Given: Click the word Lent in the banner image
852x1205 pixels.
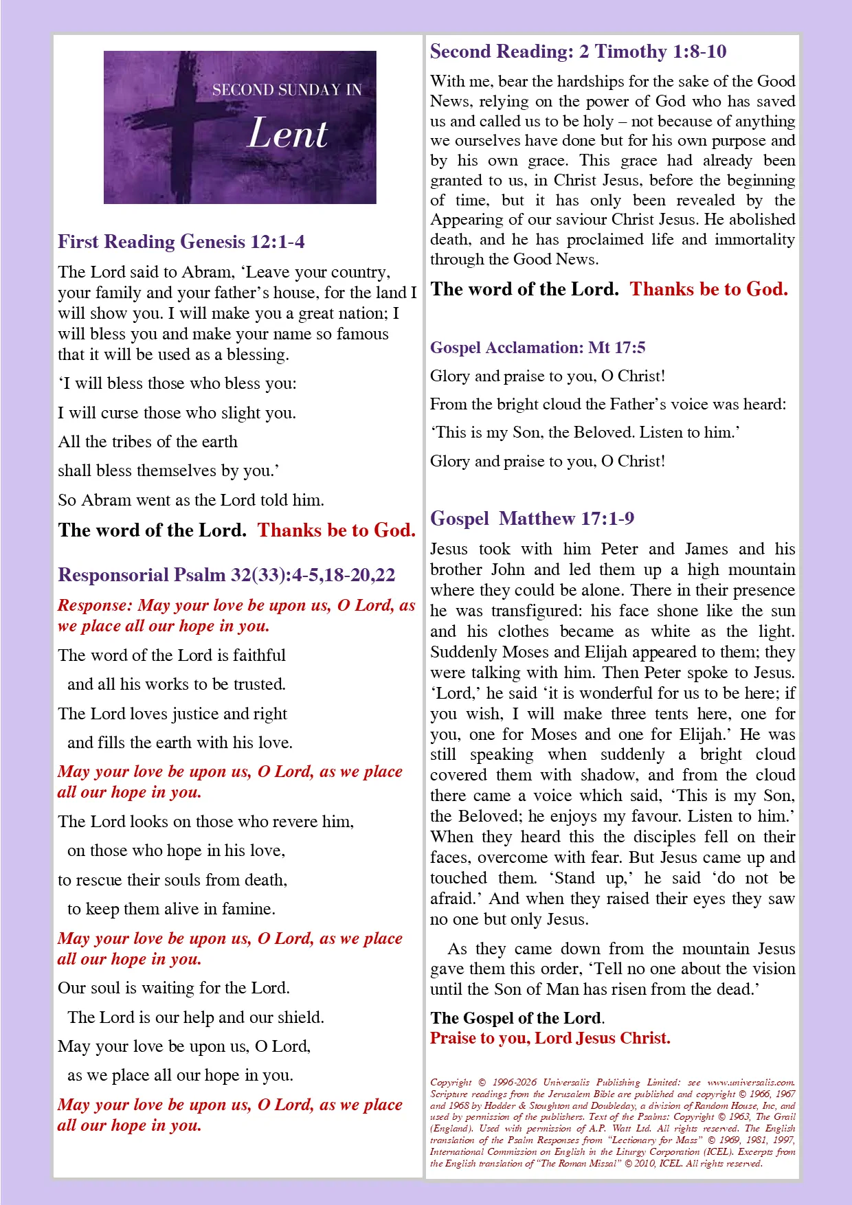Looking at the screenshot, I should pyautogui.click(x=287, y=133).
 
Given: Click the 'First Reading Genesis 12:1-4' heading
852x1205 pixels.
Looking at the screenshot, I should pyautogui.click(x=181, y=242).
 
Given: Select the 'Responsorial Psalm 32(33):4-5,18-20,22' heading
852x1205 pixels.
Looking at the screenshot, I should pyautogui.click(x=227, y=575).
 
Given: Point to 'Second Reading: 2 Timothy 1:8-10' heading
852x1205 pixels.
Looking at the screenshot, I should pyautogui.click(x=578, y=52).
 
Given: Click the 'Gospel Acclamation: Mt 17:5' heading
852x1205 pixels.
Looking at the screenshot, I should pyautogui.click(x=537, y=348).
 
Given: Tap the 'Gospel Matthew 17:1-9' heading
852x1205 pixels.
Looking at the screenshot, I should pyautogui.click(x=532, y=519).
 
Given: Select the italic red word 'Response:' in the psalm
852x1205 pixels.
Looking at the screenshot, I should pyautogui.click(x=95, y=605).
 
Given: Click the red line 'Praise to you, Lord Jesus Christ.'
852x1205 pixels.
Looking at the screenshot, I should pyautogui.click(x=550, y=1038).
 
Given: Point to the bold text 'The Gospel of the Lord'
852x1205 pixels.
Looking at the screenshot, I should pyautogui.click(x=516, y=1018).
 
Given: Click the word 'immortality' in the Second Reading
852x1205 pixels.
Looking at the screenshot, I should pyautogui.click(x=754, y=240).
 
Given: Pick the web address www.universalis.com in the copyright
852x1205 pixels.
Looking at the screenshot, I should pyautogui.click(x=750, y=1083).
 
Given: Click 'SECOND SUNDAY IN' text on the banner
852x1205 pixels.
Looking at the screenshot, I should pyautogui.click(x=287, y=90).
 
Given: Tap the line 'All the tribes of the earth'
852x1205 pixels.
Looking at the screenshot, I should pyautogui.click(x=148, y=442).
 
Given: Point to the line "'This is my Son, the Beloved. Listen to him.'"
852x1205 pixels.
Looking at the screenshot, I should pyautogui.click(x=585, y=433).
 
